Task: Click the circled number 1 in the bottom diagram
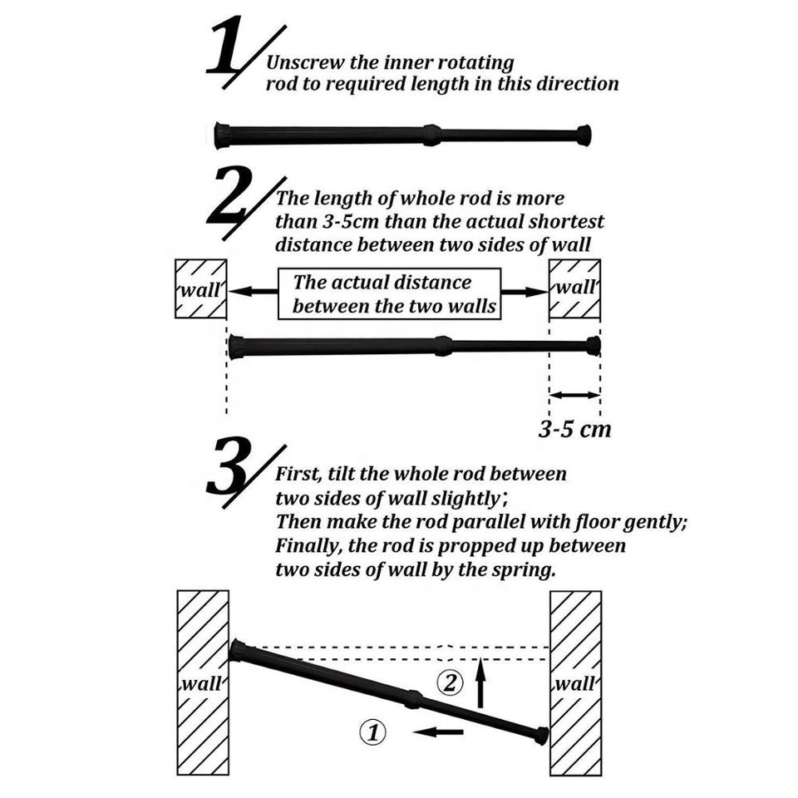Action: [372, 733]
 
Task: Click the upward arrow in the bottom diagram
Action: [480, 682]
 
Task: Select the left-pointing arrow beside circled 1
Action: [438, 731]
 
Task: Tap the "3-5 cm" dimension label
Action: [574, 429]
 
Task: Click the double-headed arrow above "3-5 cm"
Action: [575, 395]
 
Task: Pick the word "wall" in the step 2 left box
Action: [200, 289]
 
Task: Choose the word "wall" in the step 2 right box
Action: [575, 287]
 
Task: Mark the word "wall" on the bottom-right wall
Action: [575, 683]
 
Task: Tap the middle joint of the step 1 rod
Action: [431, 135]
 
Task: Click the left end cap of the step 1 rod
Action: [223, 135]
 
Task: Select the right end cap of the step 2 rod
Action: [594, 346]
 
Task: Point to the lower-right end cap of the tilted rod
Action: [541, 736]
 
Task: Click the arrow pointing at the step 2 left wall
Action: [253, 292]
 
